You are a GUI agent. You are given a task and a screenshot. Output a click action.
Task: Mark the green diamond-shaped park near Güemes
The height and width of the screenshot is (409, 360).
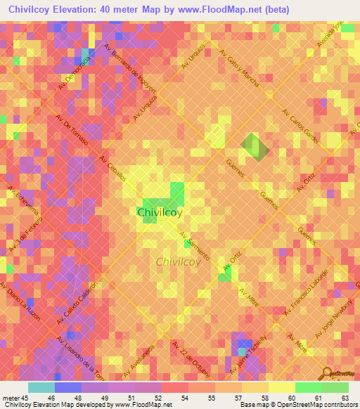[254, 146]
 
